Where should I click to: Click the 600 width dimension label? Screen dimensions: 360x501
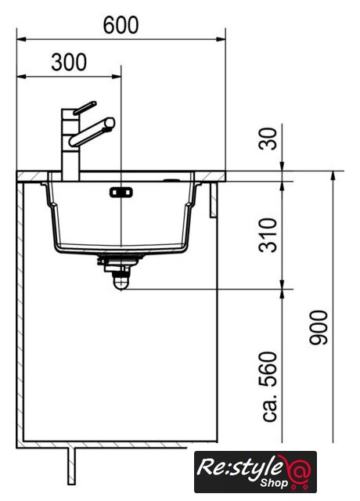(x=121, y=25)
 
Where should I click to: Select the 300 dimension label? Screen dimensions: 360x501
(x=69, y=62)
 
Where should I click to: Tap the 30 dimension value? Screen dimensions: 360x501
(x=268, y=139)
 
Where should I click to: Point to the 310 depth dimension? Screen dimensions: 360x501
(x=268, y=235)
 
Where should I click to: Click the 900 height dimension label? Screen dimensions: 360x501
(x=319, y=327)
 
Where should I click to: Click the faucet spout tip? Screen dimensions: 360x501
(x=110, y=123)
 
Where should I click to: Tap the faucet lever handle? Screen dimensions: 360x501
(x=85, y=108)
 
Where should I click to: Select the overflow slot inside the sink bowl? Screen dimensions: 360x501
(x=121, y=193)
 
